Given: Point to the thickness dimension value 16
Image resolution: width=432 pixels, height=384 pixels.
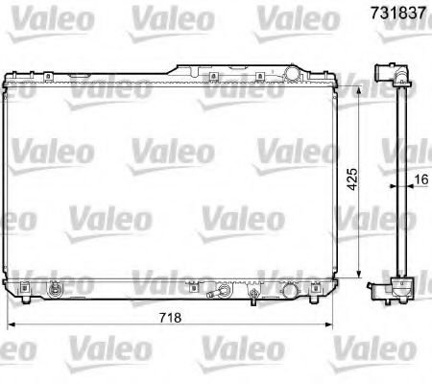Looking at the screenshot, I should click(x=420, y=180).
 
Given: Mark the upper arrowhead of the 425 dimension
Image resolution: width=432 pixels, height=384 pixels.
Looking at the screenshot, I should click(x=360, y=84).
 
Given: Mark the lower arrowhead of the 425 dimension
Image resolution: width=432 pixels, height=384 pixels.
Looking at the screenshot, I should click(x=360, y=279).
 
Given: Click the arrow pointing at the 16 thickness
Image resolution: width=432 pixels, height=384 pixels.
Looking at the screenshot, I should click(x=408, y=188).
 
